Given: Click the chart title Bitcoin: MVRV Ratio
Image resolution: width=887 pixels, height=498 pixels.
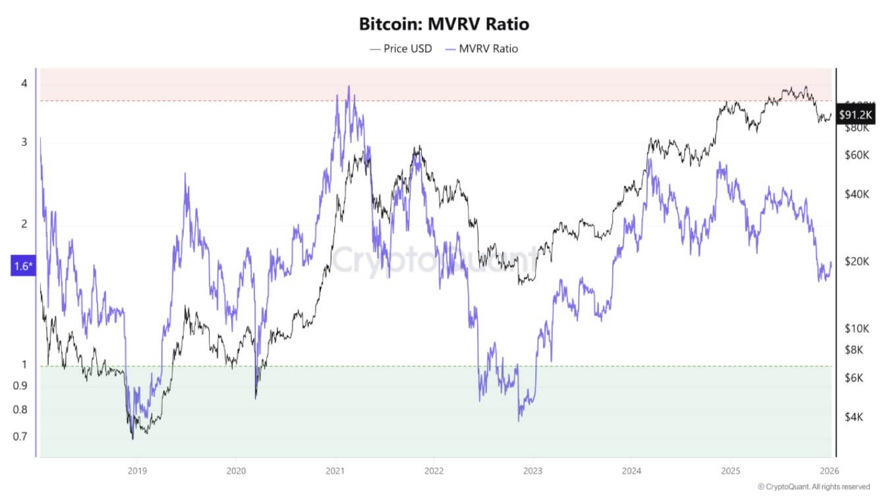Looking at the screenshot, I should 443,24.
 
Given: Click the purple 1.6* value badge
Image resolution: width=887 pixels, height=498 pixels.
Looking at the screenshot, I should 20,266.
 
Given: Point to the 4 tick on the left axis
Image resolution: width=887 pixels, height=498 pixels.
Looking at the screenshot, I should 24,84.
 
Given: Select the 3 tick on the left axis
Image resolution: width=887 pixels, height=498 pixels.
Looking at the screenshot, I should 24,142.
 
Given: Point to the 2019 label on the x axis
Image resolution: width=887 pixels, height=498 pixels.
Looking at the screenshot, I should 136,470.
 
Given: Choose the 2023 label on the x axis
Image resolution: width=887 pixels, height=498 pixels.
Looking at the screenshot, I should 532,470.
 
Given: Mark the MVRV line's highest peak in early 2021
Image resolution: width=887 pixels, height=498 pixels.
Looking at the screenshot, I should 349,86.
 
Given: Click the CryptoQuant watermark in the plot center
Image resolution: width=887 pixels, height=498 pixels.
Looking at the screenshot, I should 435,260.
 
